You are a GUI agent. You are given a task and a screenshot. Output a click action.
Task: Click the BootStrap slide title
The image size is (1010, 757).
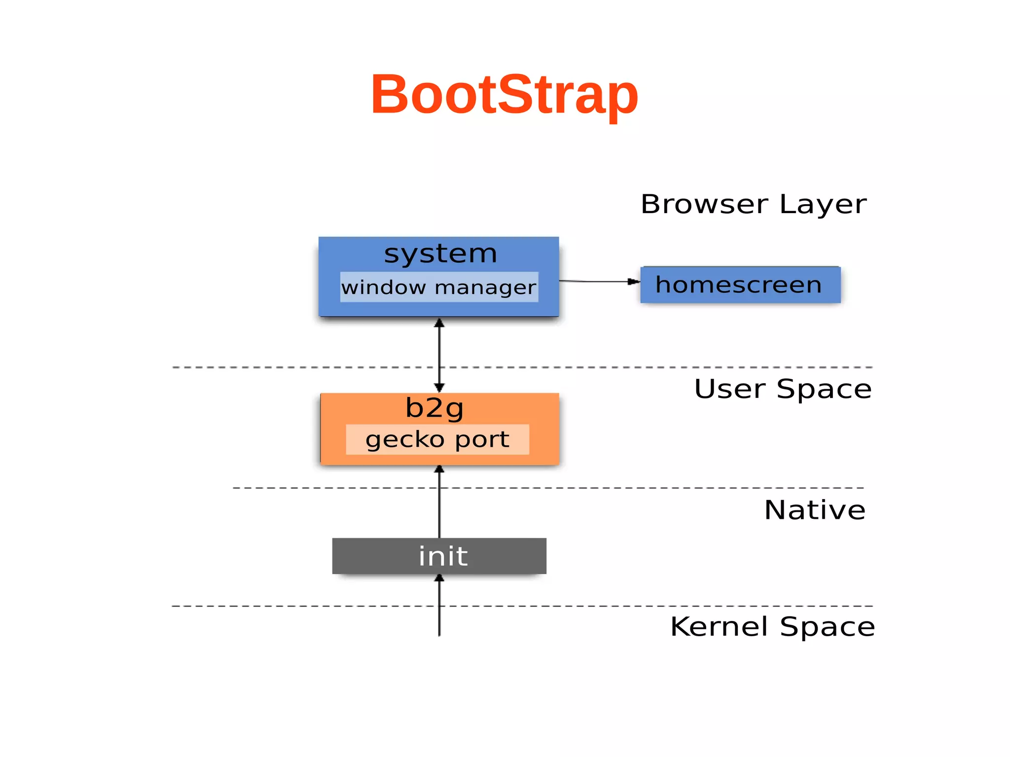tap(504, 95)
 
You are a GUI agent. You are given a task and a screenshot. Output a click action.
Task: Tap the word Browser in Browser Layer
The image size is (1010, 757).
tap(704, 204)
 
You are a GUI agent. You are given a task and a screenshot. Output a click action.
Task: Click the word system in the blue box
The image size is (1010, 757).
tap(440, 254)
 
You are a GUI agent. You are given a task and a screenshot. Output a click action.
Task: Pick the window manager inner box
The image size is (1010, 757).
tap(439, 287)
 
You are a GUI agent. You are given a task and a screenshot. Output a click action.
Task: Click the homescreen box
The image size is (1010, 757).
tap(740, 285)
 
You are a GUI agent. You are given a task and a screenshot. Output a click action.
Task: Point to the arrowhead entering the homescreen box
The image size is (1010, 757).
tap(633, 282)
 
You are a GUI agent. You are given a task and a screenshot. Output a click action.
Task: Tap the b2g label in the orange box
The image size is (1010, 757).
tap(434, 408)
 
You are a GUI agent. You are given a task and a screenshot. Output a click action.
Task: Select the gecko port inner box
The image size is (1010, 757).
tap(437, 439)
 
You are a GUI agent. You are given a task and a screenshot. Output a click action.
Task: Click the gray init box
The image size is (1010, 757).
tap(439, 556)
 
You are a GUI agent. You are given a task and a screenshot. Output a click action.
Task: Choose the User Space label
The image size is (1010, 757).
tap(783, 389)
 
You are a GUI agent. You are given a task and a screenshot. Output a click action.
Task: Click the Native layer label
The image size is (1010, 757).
tap(815, 510)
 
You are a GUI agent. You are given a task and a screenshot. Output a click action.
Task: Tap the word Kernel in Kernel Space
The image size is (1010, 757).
tap(720, 627)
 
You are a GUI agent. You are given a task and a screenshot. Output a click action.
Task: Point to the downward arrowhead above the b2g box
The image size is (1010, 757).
tap(439, 387)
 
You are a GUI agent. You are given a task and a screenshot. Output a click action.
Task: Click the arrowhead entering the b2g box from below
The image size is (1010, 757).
tap(439, 469)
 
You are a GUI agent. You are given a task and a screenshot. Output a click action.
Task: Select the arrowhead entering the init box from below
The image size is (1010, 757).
tap(439, 578)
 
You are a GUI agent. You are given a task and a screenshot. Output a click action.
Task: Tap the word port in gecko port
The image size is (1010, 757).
tap(482, 439)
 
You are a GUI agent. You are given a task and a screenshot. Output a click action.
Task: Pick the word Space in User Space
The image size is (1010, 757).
tap(824, 390)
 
